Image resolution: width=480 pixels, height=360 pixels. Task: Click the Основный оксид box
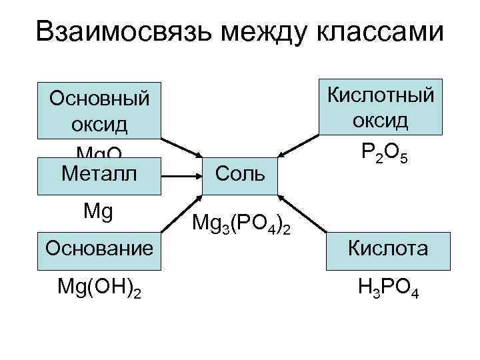click(x=99, y=111)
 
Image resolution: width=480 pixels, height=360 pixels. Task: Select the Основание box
click(x=99, y=248)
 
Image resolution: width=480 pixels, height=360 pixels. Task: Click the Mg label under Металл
click(x=99, y=213)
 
